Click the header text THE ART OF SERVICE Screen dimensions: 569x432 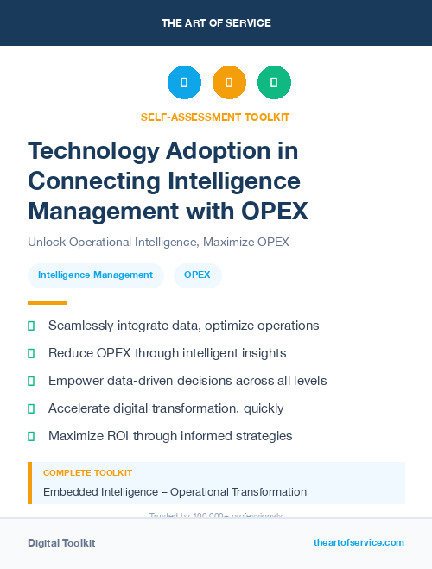[x=215, y=22]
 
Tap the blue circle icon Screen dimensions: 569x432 [x=184, y=83]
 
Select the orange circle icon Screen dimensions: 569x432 [x=229, y=83]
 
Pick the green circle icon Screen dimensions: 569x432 [x=274, y=83]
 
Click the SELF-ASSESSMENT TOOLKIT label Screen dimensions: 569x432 [x=215, y=117]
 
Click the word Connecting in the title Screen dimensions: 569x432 [x=89, y=181]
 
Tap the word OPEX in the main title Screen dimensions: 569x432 [x=270, y=211]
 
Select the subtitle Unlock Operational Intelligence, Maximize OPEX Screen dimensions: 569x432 [x=158, y=242]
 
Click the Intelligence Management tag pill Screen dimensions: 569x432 [x=95, y=275]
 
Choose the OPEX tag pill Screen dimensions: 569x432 [x=197, y=275]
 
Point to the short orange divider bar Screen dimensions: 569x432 [x=47, y=303]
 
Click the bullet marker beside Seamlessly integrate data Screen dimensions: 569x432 [x=31, y=326]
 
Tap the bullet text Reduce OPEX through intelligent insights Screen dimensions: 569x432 [x=167, y=353]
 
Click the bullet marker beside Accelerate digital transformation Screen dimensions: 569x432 [x=31, y=408]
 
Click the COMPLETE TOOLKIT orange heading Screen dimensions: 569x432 [x=87, y=473]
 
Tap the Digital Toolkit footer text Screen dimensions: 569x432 [x=61, y=542]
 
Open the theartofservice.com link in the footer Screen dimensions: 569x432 [x=359, y=542]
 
